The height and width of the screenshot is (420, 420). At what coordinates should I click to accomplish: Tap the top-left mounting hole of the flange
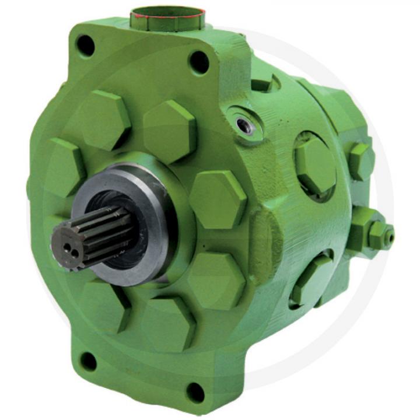pyautogui.click(x=86, y=45)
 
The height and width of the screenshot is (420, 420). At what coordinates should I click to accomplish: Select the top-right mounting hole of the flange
pyautogui.click(x=199, y=62)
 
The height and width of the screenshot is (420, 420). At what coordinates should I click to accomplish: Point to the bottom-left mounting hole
pyautogui.click(x=88, y=361)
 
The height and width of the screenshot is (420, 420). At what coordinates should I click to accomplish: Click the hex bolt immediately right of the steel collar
pyautogui.click(x=217, y=199)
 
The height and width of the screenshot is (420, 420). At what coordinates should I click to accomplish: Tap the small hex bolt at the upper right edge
pyautogui.click(x=360, y=160)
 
